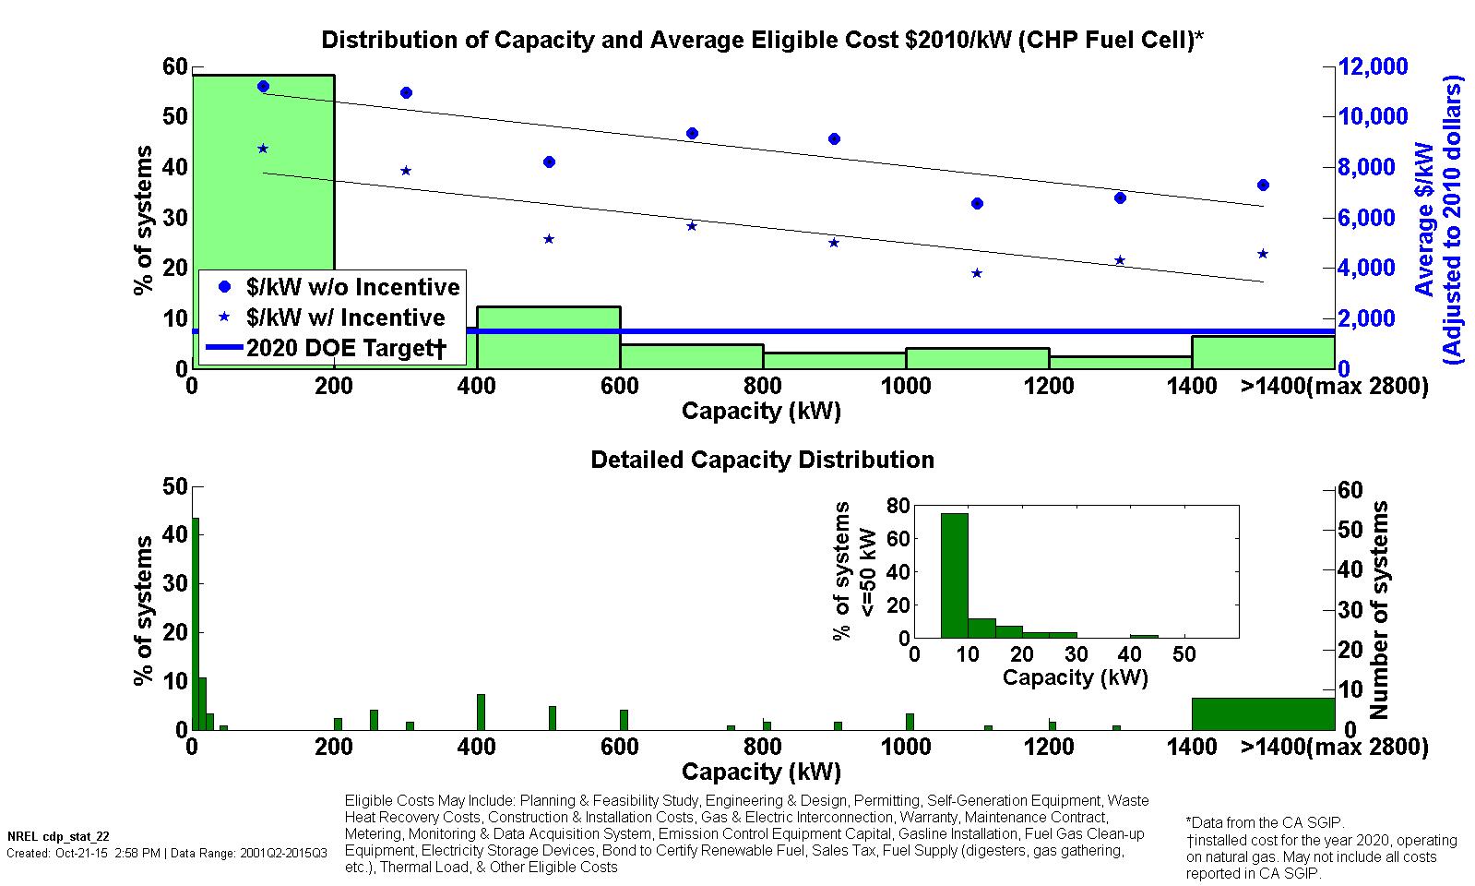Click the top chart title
pos(762,40)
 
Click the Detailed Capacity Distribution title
pos(762,460)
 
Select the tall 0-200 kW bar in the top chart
pos(263,185)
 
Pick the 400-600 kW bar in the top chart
pos(548,338)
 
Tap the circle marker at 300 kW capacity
pos(406,92)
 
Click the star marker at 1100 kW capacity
pos(977,273)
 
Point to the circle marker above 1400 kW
pos(1263,186)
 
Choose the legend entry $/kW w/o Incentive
pos(352,287)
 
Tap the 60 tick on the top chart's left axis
pos(175,66)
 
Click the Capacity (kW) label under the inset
pos(1075,678)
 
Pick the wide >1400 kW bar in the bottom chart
pos(1263,713)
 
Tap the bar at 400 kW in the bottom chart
pos(481,712)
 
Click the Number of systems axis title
pos(1379,610)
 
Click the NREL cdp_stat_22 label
pos(45,837)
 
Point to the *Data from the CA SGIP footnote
pos(1265,822)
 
